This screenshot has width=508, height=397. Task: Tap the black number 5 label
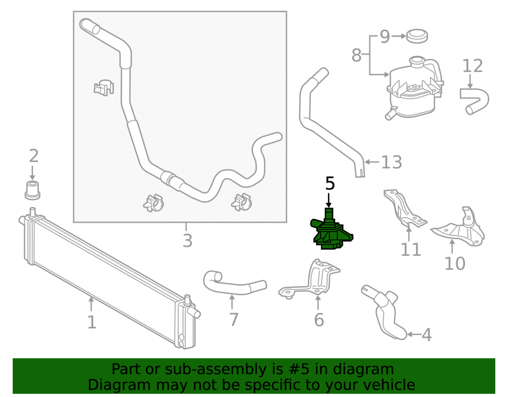[330, 184]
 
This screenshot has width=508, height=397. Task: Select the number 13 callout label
[391, 162]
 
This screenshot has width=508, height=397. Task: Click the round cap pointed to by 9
[417, 36]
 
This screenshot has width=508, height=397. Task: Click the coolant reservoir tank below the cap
[414, 87]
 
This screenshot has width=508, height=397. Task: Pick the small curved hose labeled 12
[474, 101]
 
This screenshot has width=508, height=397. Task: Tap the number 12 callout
[472, 66]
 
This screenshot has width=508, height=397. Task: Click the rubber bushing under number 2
[33, 191]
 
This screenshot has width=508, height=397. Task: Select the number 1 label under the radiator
[92, 322]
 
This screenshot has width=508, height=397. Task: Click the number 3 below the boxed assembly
[187, 241]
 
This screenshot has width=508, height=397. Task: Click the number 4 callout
[427, 334]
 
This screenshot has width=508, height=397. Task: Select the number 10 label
[455, 263]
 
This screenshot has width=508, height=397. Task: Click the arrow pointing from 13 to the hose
[372, 162]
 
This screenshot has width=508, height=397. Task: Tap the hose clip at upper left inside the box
[104, 87]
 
